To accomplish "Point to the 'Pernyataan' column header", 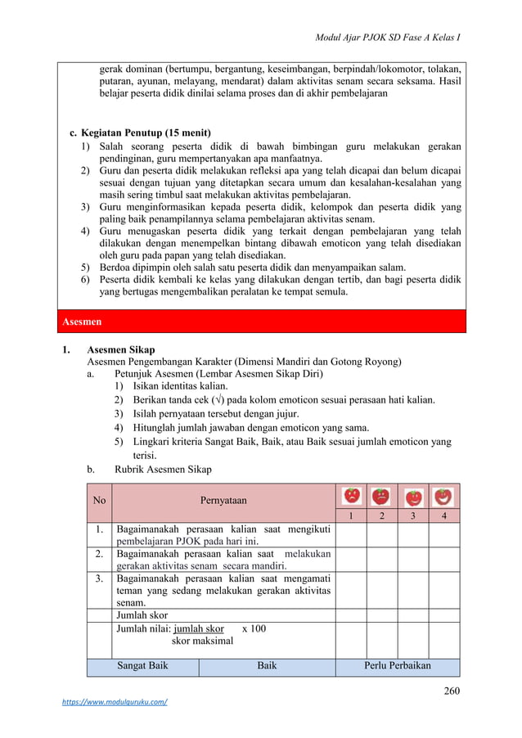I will pos(223,500).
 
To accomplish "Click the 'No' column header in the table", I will pos(100,500).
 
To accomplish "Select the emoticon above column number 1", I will pos(351,496).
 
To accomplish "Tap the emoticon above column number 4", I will pos(443,496).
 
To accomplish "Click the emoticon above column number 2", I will pos(381,496).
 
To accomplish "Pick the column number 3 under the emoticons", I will pos(413,516).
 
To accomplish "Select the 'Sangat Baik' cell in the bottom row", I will pos(142,665).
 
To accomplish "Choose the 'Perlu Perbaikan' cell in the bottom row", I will pos(397,665).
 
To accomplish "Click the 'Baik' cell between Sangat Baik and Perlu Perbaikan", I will pos(267,665).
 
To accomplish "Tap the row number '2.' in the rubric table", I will pos(99,554).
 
